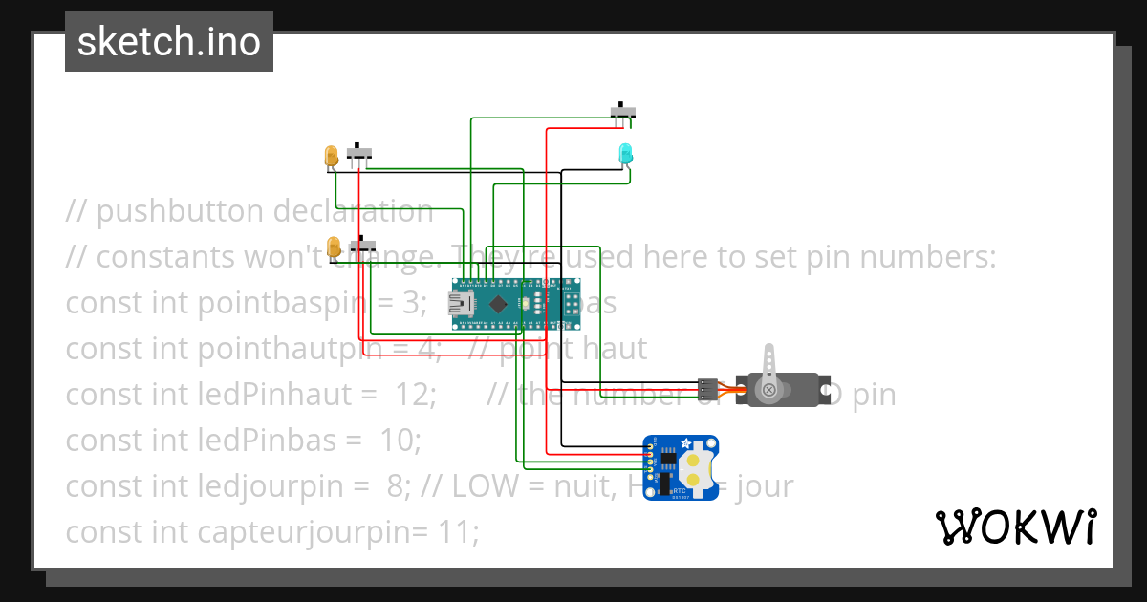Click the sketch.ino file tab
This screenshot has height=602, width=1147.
point(169,42)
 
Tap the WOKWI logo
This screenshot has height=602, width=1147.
point(1014,527)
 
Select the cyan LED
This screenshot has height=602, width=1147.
point(625,152)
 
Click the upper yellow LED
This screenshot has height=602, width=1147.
point(331,155)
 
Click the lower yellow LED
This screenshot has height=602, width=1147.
point(334,247)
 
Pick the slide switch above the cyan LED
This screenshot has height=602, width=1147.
point(623,111)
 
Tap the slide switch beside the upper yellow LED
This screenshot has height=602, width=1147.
point(359,152)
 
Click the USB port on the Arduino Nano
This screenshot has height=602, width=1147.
point(465,304)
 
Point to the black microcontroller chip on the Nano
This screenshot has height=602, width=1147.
point(498,304)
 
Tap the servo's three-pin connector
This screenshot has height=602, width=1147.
point(707,389)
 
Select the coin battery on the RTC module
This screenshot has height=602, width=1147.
point(698,468)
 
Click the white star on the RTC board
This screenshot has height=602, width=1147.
point(685,443)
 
